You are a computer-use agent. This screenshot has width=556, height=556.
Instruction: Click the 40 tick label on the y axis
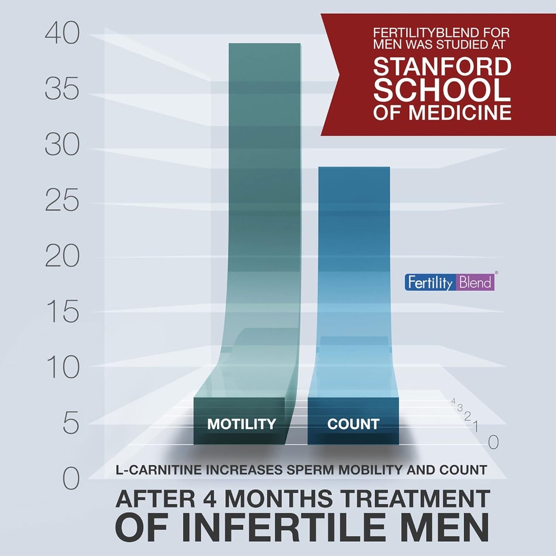tap(62, 34)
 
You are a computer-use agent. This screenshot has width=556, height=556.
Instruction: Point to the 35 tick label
tap(62, 90)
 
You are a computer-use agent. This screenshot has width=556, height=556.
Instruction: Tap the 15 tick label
tap(62, 313)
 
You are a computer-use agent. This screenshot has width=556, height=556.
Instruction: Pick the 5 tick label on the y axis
tap(71, 424)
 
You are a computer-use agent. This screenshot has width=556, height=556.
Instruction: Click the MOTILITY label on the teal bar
tap(242, 424)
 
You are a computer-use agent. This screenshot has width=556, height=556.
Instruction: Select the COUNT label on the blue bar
tap(353, 424)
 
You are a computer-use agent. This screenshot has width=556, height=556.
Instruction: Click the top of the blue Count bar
tap(353, 168)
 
